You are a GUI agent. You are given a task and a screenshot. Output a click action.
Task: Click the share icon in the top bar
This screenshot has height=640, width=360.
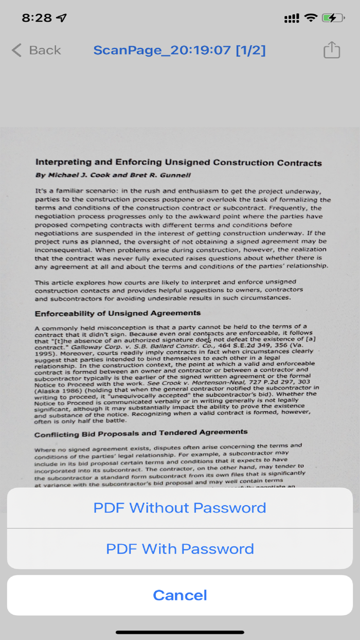pos(332,50)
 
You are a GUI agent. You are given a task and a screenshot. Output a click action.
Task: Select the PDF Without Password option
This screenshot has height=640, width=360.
pos(180,508)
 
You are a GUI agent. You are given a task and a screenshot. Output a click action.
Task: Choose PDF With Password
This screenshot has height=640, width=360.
pos(180,548)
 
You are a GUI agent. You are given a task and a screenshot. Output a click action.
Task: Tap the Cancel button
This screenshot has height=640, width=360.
pos(180,595)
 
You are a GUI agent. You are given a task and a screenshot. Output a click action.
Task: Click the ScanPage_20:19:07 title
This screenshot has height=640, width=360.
pos(179,50)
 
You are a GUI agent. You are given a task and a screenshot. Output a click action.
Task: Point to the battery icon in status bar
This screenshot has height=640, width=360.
pos(332,18)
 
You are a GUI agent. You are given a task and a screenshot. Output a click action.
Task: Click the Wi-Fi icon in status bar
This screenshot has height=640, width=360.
pos(311,18)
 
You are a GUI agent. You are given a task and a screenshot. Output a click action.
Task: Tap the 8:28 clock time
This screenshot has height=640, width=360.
pos(37,18)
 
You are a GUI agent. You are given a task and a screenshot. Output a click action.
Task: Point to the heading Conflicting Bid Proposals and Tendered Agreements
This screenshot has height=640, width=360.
pos(141,433)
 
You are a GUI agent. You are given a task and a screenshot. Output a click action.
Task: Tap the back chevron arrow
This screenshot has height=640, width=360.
pos(17,50)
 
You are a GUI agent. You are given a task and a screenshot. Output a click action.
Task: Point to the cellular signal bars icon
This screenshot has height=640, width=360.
pos(292,19)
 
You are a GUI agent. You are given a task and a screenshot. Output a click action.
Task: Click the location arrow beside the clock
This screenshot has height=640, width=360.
pos(62,18)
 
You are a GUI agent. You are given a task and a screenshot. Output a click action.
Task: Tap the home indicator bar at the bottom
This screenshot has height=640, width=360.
pos(180,632)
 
